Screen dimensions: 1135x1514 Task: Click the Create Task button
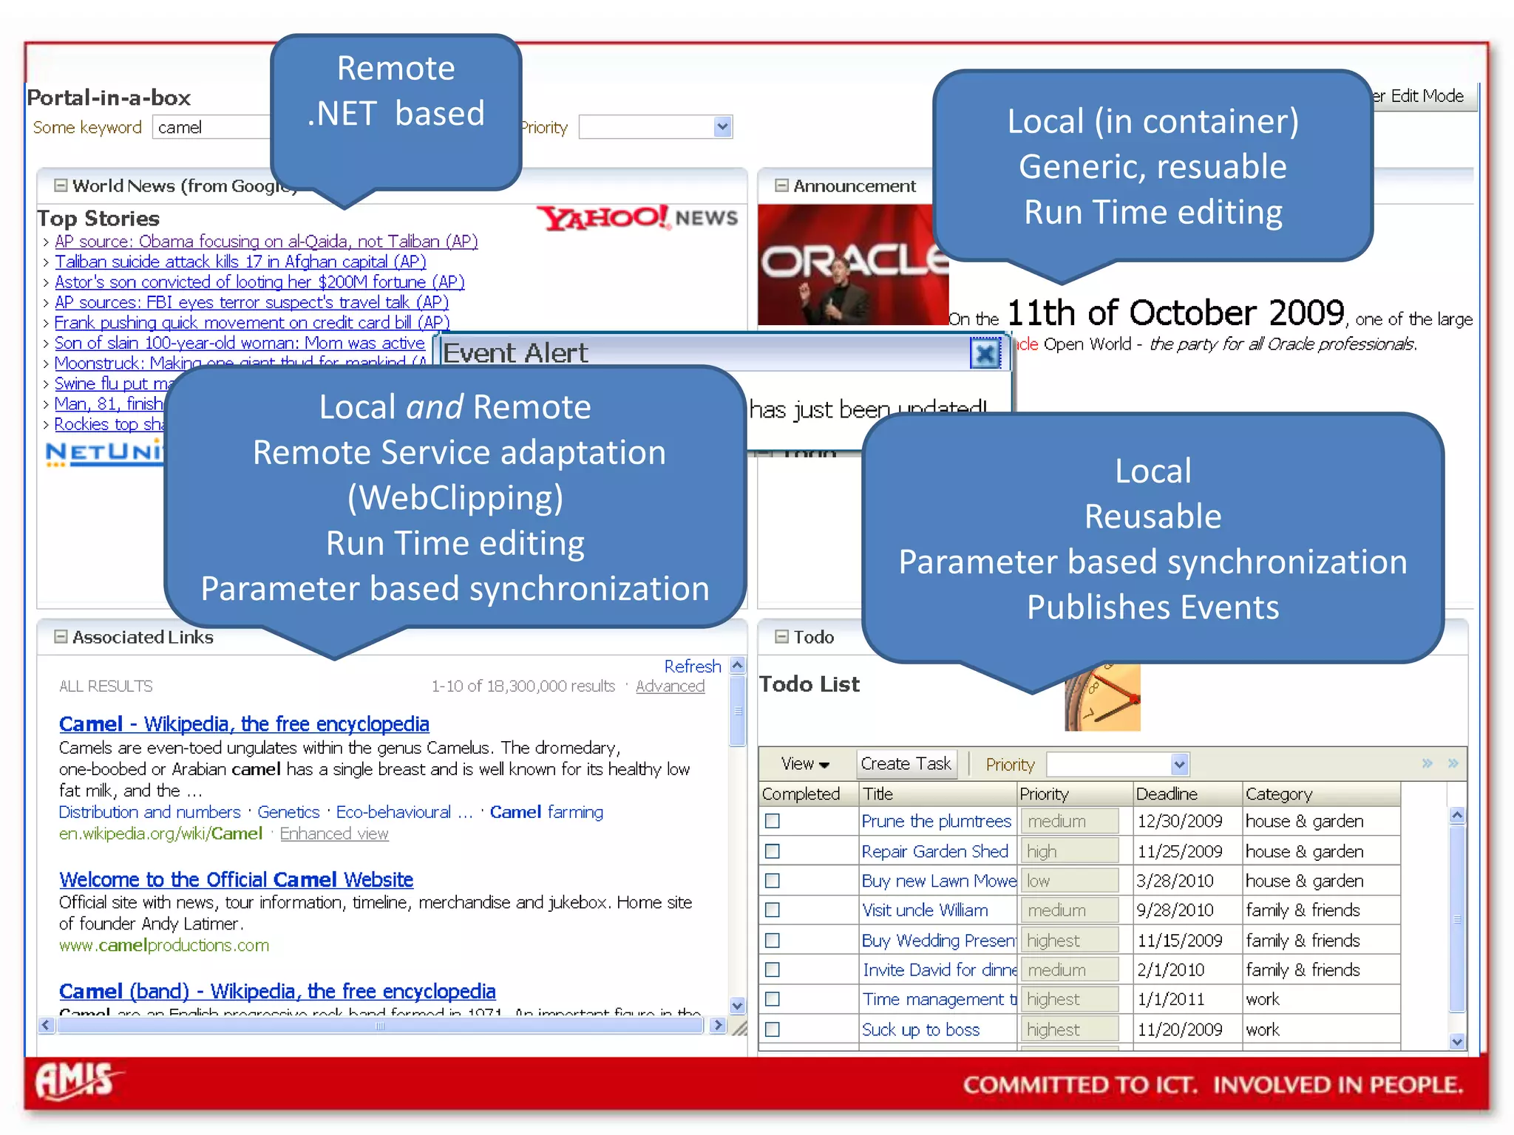tap(906, 763)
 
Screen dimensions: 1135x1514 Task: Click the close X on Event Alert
tap(985, 354)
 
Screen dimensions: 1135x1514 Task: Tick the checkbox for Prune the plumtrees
tap(773, 821)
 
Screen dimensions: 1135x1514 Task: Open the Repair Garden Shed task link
tap(934, 851)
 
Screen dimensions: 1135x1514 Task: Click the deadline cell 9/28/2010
tap(1175, 910)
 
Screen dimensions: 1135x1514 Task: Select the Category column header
tap(1279, 794)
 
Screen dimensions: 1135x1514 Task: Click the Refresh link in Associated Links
tap(692, 666)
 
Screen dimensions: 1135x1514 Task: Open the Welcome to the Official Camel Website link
tap(236, 879)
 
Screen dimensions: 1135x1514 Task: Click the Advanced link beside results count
tap(670, 686)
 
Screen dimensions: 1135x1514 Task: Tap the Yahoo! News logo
tap(637, 217)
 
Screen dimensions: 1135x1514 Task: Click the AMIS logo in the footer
tap(76, 1081)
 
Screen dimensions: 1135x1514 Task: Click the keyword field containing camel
tap(211, 127)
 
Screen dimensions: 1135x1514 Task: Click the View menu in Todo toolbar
tap(804, 764)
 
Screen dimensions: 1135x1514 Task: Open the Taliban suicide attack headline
tap(240, 262)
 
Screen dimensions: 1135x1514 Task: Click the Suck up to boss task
tap(920, 1029)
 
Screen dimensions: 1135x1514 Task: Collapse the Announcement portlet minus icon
tap(781, 185)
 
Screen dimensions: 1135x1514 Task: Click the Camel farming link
tap(546, 811)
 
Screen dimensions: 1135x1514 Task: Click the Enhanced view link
tap(334, 834)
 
